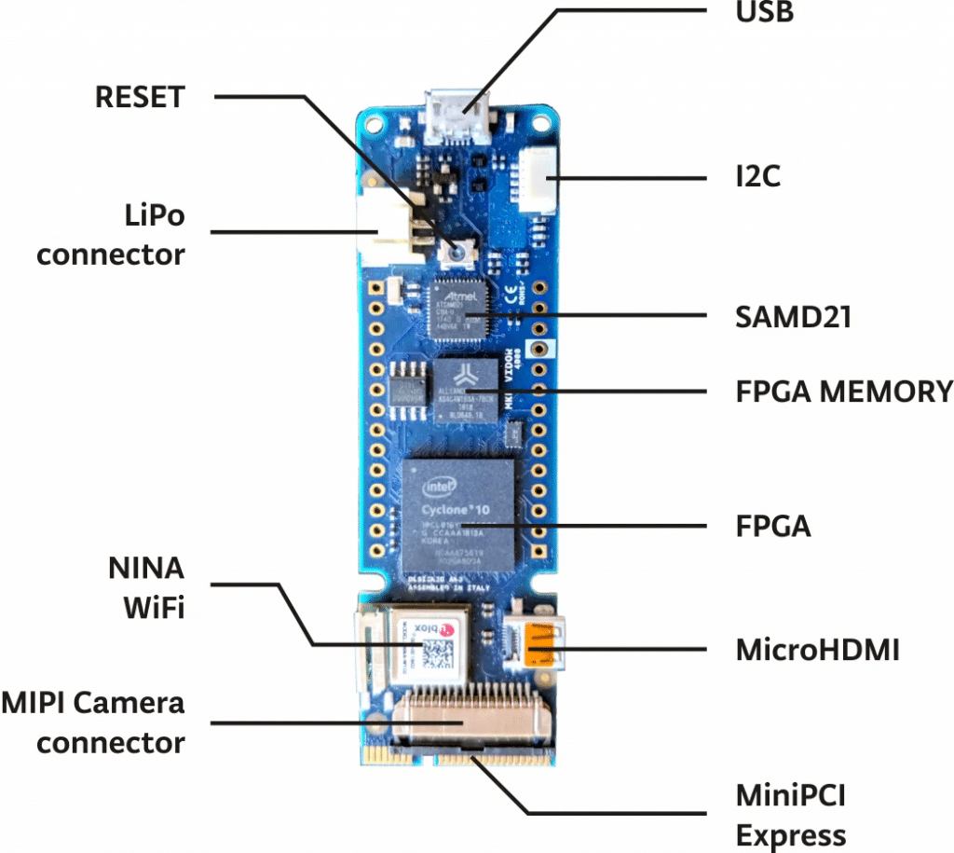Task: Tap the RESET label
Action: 141,96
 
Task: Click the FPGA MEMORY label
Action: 843,391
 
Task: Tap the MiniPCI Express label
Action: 791,816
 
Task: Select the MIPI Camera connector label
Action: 94,722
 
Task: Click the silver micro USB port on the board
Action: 457,117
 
